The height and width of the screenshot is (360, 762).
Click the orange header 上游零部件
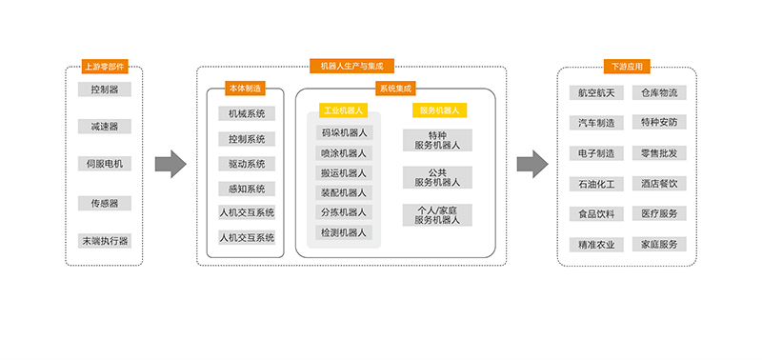pos(104,67)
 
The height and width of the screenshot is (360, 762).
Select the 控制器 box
pos(104,90)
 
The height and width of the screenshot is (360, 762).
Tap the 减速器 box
pos(104,126)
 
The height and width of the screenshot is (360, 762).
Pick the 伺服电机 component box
pos(104,164)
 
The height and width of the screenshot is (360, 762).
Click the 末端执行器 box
pos(104,240)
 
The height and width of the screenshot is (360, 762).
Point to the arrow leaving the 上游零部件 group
pos(170,164)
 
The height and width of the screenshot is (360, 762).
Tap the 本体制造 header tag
pos(245,88)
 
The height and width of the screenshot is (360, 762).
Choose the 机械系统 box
pos(247,113)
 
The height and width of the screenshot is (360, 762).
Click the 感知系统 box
pos(247,189)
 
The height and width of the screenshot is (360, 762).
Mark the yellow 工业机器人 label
pos(344,110)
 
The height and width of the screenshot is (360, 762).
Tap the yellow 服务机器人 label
pos(439,110)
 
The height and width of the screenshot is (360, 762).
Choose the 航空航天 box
pos(596,92)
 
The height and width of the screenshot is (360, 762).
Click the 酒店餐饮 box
pos(659,183)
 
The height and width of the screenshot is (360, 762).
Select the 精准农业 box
pos(596,244)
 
